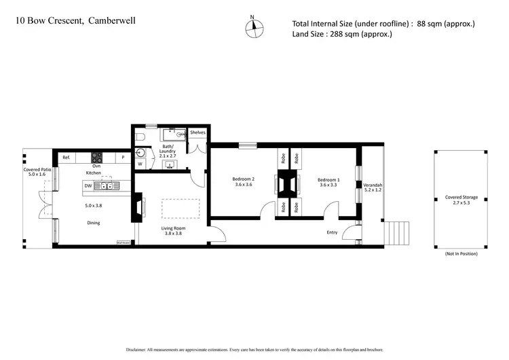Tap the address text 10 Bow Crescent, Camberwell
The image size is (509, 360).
(75, 21)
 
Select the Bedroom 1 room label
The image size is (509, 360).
(329, 182)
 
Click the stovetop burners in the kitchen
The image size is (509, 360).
(96, 157)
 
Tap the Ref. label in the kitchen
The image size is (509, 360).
(67, 158)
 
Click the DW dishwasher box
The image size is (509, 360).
(88, 185)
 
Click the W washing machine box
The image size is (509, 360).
(140, 164)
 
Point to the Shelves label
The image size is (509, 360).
(197, 132)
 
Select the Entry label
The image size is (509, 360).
(332, 232)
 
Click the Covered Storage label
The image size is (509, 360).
(461, 198)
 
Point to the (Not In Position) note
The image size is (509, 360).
(461, 253)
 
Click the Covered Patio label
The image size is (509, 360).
(37, 172)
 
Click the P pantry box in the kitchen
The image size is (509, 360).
(123, 158)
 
